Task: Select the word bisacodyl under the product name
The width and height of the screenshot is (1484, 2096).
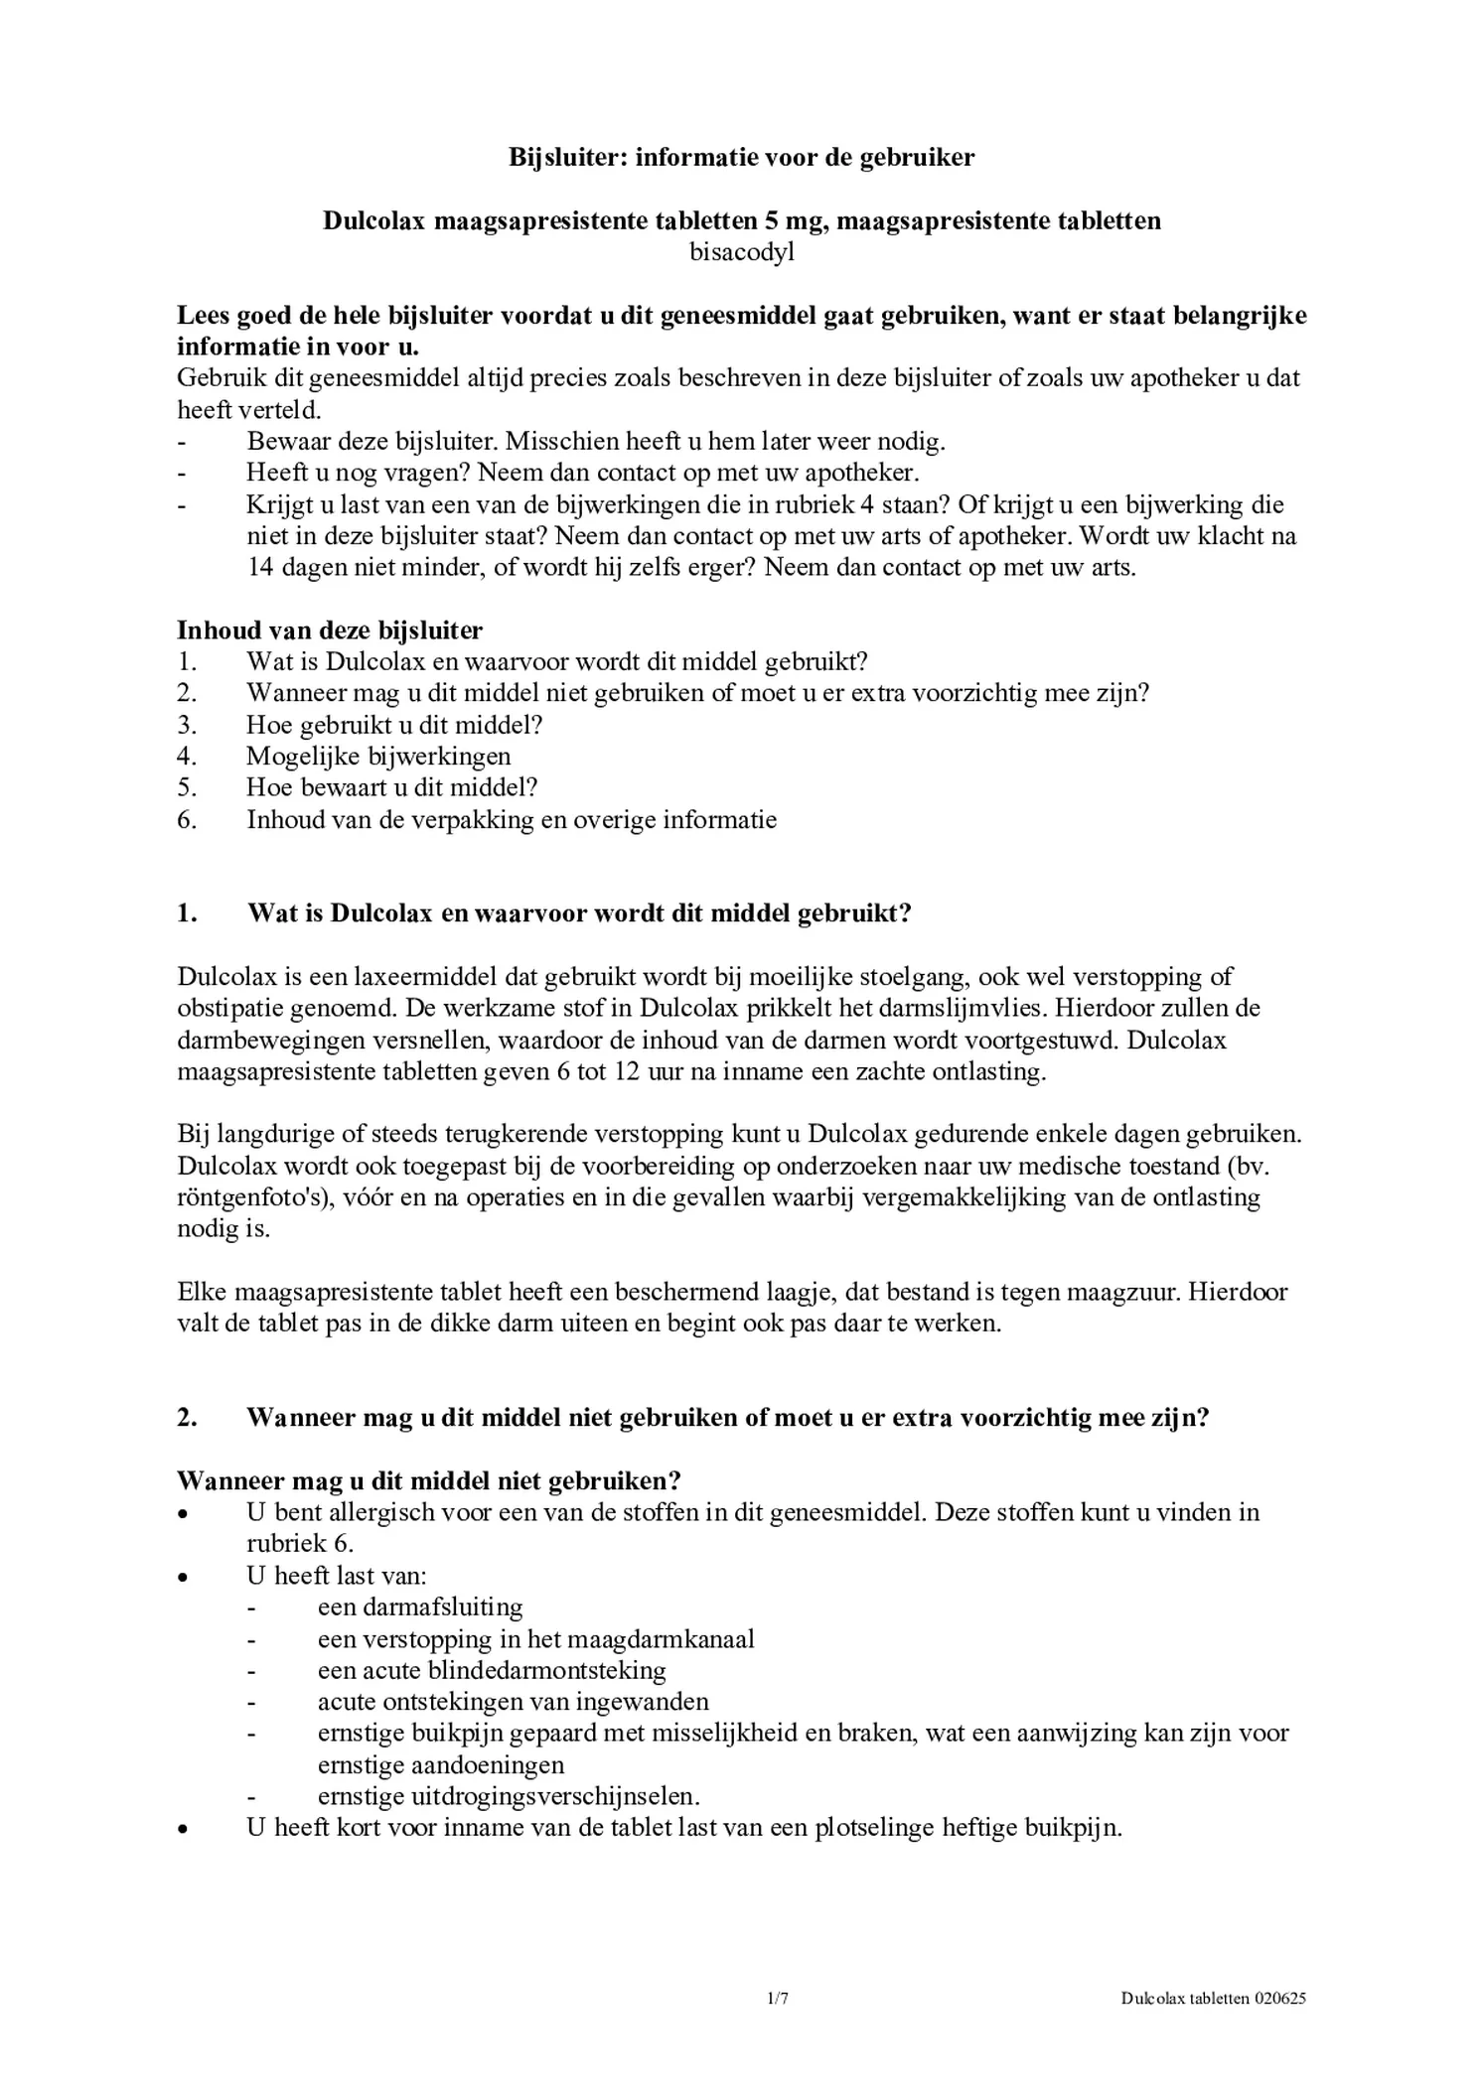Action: tap(742, 252)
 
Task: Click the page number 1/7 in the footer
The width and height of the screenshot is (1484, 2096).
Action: tap(778, 1999)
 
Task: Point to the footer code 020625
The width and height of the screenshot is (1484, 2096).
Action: tap(1279, 1999)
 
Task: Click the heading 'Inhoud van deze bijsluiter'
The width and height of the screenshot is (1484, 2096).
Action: tap(330, 630)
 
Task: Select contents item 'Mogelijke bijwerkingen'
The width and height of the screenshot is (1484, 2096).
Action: tap(378, 757)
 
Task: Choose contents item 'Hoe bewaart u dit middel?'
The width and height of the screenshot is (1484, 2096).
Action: tap(391, 788)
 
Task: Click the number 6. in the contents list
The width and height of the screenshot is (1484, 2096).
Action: tap(187, 820)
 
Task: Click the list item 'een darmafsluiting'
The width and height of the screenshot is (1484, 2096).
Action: tap(419, 1607)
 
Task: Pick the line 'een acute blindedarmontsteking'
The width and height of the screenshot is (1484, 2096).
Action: tap(492, 1671)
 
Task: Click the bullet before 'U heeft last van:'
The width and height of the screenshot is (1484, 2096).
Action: tap(182, 1577)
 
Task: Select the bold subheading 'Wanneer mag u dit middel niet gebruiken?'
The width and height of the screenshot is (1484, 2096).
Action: tap(429, 1481)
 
